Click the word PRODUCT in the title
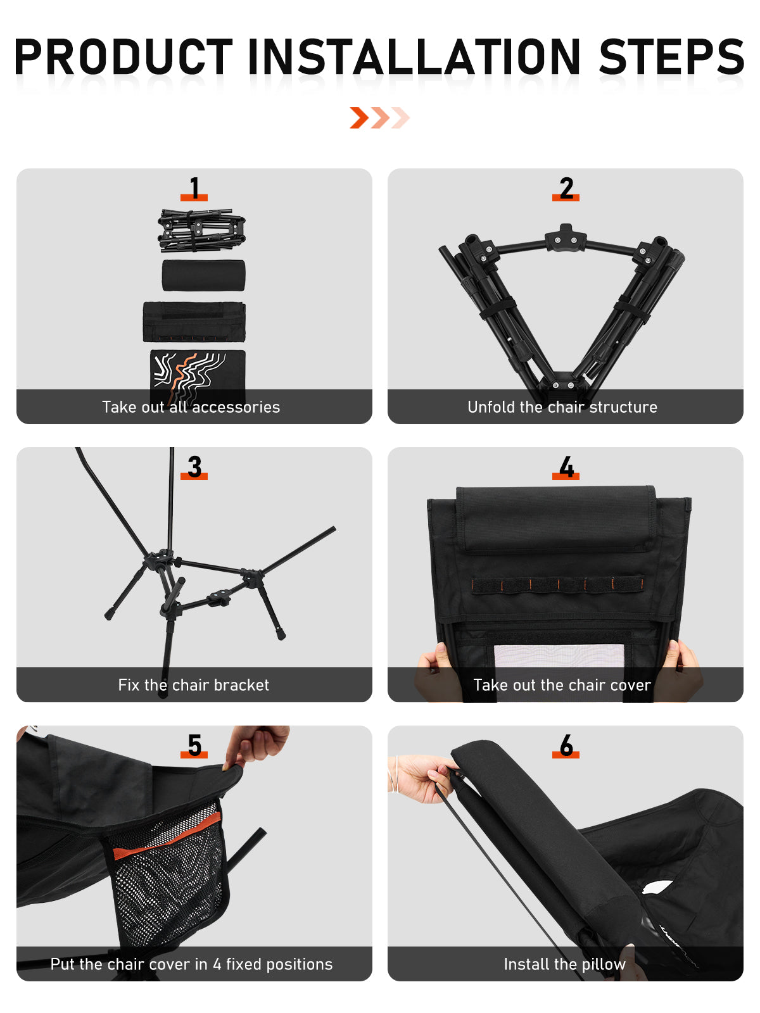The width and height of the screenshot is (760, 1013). point(123,56)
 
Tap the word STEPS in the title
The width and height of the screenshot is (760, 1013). point(671,56)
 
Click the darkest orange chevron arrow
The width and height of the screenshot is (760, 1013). point(359,118)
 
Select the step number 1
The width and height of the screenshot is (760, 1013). point(194,188)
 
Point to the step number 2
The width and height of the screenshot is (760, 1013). point(566,188)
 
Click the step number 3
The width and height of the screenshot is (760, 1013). point(194,467)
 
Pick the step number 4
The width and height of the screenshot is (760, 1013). point(566,467)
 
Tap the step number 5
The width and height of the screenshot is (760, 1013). point(194,745)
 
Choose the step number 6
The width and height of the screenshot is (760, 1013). point(566,745)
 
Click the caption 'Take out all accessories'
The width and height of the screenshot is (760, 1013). point(191,407)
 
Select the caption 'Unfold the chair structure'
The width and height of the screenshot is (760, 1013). point(562,407)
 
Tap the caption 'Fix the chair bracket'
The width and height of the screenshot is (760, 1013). point(193,685)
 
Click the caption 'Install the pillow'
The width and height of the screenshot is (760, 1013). point(565,964)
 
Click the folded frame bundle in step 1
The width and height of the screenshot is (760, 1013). point(201,230)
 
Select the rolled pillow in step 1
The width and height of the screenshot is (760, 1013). point(203,275)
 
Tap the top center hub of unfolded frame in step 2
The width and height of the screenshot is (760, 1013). point(566,238)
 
